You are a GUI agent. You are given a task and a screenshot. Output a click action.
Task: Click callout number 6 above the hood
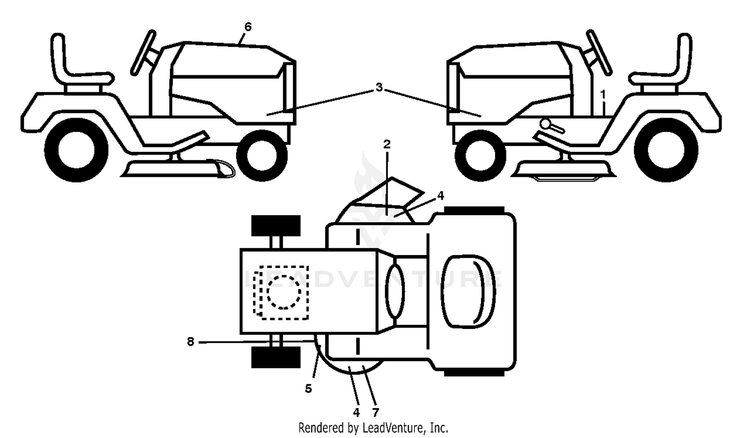pos(248,27)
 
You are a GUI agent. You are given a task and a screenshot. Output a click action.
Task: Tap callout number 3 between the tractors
pos(379,87)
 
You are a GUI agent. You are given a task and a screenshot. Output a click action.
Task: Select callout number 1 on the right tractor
pos(603,95)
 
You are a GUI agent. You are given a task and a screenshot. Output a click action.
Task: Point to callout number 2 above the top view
pos(387,144)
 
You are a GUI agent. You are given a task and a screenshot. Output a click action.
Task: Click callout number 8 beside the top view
pos(190,342)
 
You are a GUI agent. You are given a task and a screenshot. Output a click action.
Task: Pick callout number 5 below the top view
pos(308,388)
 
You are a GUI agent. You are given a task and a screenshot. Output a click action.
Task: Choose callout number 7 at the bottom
pos(375,413)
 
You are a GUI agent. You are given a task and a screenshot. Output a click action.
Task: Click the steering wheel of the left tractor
pos(144,53)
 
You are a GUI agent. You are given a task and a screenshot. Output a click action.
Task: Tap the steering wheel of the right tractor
pos(599,53)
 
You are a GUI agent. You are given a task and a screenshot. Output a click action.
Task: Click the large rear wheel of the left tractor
pos(76,149)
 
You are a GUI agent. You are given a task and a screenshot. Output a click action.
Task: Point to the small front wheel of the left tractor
pos(262,155)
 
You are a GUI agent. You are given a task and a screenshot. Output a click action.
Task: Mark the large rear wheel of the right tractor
pos(666,149)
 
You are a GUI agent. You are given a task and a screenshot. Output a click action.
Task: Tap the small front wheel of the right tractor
pos(481,155)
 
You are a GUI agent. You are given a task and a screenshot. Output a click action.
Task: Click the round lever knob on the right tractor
pos(546,124)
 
